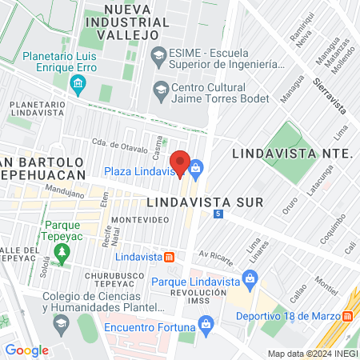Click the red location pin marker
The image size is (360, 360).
181,162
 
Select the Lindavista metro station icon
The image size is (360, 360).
170,257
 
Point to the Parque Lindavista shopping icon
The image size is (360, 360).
250,277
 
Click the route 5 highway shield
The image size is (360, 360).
218,214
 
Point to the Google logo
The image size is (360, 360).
26,350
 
